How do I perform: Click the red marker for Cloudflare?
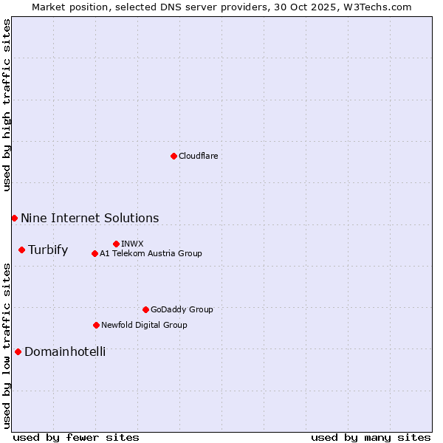174,156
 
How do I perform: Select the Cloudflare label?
198,156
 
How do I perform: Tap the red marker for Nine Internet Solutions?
14,218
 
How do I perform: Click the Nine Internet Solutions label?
89,218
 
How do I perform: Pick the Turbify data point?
21,250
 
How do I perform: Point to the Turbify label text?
48,250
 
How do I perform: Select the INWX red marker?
116,244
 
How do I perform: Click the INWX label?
132,244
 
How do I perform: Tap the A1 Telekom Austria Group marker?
95,253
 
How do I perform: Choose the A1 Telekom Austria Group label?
151,253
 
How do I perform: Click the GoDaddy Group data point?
145,309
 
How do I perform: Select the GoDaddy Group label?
182,309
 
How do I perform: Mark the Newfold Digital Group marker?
96,325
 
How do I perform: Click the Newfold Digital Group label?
144,325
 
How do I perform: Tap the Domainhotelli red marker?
18,351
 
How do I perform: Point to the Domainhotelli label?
65,351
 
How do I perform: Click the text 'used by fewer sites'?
76,437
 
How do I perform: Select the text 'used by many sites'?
371,437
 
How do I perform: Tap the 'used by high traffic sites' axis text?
7,105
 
